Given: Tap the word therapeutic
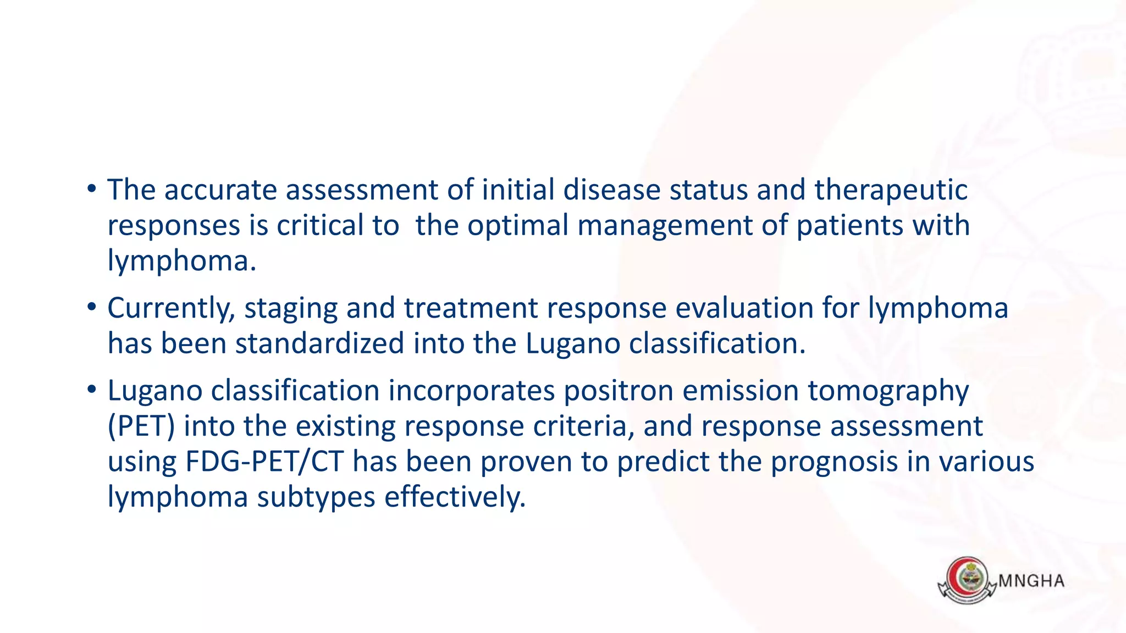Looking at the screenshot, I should pos(891,190).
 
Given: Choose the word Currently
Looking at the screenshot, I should pos(171,308).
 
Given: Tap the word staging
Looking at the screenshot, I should pos(291,309).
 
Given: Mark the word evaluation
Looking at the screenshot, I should pos(744,308).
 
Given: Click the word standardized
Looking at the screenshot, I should pos(320,343).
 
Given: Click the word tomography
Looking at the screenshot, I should pos(888,392).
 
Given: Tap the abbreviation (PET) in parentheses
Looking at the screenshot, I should pos(141,426).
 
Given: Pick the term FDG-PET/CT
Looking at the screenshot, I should pos(264,462).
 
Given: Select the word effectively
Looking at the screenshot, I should pos(455,497).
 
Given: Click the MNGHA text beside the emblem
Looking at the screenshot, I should pos(1031,581).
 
